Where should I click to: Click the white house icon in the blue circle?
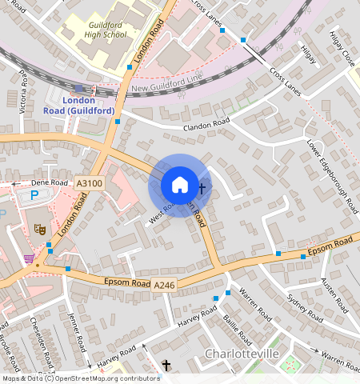tap(180, 185)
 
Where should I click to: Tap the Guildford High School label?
tap(106, 30)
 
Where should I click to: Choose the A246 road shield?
tap(164, 285)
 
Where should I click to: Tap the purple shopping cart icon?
tap(30, 258)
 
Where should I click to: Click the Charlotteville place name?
tap(242, 353)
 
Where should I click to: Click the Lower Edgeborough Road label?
tap(332, 178)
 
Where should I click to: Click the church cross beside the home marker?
tap(202, 189)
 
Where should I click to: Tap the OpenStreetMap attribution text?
tap(80, 378)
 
